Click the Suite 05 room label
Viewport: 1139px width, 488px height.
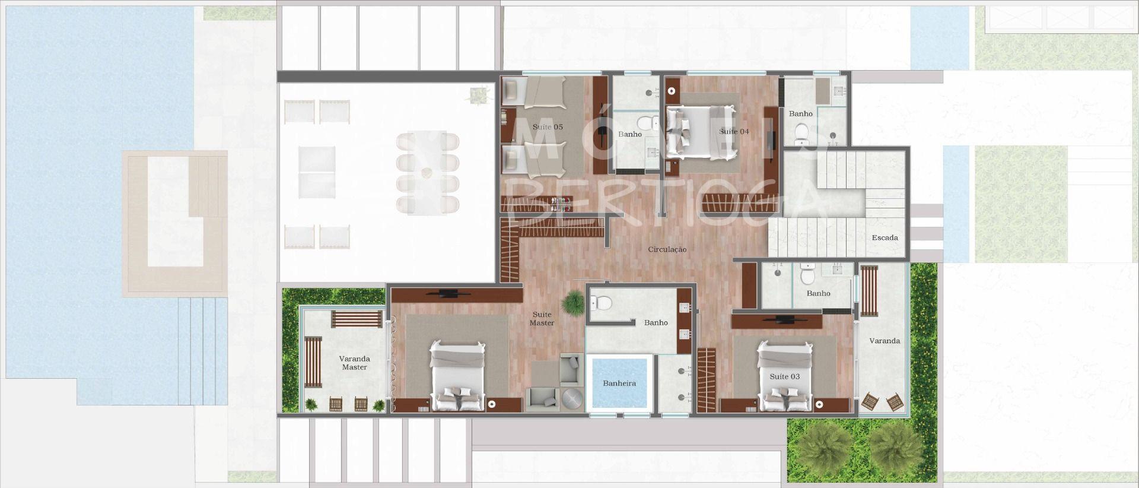click(x=548, y=127)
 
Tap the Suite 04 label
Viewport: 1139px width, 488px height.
click(x=734, y=131)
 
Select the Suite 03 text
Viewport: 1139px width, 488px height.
click(x=784, y=376)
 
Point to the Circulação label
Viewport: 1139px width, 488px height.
click(x=667, y=249)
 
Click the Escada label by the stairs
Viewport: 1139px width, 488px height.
click(x=885, y=237)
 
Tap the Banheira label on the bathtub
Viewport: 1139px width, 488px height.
click(x=619, y=384)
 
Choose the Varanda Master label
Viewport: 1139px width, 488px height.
click(x=354, y=363)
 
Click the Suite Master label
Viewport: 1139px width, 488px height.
click(x=542, y=319)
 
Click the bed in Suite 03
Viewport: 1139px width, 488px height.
click(x=784, y=376)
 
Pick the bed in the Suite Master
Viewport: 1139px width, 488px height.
click(x=457, y=376)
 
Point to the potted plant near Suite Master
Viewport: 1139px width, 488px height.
click(x=574, y=302)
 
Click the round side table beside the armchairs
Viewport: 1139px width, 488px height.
click(x=572, y=398)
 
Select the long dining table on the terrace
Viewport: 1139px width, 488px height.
click(x=427, y=172)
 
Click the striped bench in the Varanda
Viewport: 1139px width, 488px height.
click(x=869, y=291)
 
